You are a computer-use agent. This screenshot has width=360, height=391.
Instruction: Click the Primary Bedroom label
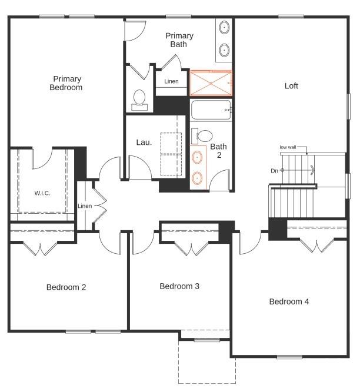click(67, 83)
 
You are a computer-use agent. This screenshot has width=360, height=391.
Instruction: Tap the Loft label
click(291, 86)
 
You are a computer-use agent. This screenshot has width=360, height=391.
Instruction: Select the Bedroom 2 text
click(66, 287)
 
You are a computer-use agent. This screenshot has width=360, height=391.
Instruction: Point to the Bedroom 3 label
click(179, 286)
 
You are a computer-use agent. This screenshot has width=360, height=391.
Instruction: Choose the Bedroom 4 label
click(289, 301)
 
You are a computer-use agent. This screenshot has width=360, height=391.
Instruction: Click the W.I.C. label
click(42, 193)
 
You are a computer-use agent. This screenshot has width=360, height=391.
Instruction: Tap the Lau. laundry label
click(144, 142)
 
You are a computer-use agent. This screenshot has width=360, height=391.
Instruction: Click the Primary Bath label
click(179, 40)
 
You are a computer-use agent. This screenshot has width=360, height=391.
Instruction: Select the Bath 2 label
click(218, 151)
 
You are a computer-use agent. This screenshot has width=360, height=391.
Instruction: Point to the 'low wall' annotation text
click(288, 147)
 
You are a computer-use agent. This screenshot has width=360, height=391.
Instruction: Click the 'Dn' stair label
click(274, 171)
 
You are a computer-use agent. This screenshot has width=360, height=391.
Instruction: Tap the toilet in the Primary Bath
click(139, 100)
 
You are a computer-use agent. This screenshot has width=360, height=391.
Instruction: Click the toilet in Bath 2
click(203, 135)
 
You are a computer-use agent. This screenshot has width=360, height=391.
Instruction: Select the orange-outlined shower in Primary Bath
click(211, 82)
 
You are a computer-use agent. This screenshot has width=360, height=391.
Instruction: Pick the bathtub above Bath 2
click(211, 110)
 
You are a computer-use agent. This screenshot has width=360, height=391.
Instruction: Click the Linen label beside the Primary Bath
click(171, 81)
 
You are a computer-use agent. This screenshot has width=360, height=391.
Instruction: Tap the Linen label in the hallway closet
click(85, 206)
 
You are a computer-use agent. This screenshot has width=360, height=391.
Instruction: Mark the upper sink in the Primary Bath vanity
click(225, 27)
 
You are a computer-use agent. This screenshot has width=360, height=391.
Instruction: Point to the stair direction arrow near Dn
click(311, 170)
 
